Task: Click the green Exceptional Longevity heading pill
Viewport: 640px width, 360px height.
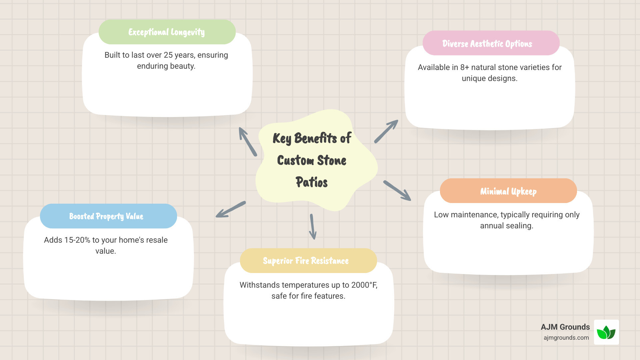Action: pyautogui.click(x=167, y=32)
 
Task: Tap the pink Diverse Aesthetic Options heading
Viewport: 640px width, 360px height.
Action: pyautogui.click(x=491, y=43)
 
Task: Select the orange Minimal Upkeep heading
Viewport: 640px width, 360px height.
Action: pyautogui.click(x=508, y=191)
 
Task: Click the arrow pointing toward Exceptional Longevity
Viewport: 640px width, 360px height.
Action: pyautogui.click(x=248, y=141)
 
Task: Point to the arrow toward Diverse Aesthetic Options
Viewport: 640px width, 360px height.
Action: pyautogui.click(x=386, y=131)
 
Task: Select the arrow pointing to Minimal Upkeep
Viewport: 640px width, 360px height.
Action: pyautogui.click(x=397, y=191)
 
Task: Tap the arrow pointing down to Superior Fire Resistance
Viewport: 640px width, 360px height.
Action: pyautogui.click(x=313, y=227)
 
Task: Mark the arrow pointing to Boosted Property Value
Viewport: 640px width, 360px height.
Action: pyautogui.click(x=231, y=209)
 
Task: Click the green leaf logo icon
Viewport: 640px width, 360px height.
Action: pyautogui.click(x=606, y=332)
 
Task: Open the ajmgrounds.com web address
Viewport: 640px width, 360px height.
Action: pyautogui.click(x=566, y=338)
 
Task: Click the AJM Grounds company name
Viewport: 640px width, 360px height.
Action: pyautogui.click(x=565, y=327)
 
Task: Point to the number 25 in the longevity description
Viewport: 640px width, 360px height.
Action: pyautogui.click(x=168, y=55)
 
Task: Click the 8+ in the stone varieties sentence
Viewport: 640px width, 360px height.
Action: pyautogui.click(x=465, y=67)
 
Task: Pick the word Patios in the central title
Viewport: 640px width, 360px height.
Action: pyautogui.click(x=312, y=182)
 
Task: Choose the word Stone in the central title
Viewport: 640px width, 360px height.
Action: pyautogui.click(x=332, y=160)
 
